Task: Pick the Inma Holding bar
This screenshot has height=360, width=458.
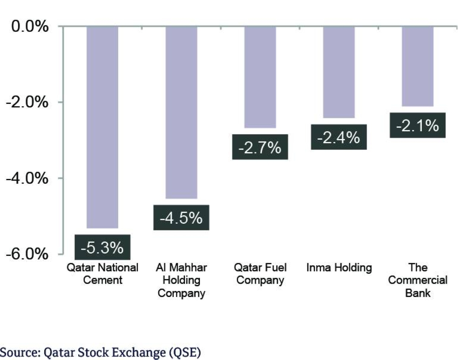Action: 339,72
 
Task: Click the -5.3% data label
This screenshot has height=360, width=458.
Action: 102,248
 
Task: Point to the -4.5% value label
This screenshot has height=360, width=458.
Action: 181,218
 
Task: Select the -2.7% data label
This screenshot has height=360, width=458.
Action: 260,147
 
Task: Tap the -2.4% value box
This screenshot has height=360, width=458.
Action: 339,137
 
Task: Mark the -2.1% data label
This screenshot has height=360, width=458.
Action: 418,125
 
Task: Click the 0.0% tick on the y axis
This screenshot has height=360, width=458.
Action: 29,27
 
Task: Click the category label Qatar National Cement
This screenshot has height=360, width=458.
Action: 102,273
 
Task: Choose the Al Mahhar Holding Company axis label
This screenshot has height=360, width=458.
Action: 182,280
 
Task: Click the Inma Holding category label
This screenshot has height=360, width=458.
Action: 339,268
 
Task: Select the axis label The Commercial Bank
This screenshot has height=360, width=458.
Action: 418,280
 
